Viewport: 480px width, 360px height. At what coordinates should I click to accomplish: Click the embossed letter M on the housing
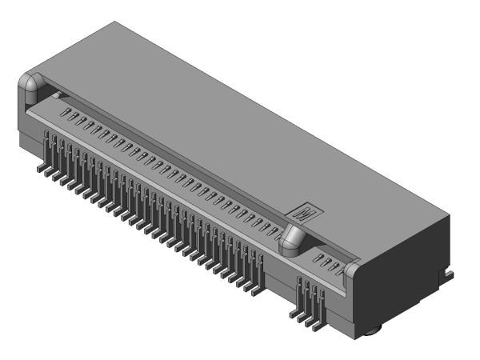point(307,213)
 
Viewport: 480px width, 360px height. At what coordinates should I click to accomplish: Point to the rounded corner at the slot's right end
point(355,272)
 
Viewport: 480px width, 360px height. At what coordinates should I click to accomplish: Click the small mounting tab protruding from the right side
point(450,275)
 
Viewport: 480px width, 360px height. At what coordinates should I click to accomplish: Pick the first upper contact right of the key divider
point(315,257)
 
